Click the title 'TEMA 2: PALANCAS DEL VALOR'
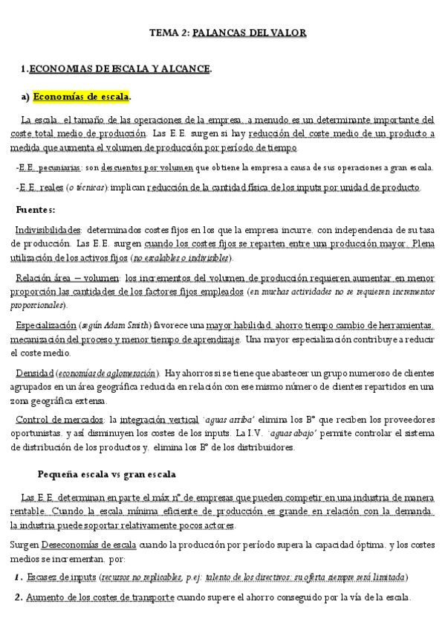228,33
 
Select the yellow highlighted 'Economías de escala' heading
82,97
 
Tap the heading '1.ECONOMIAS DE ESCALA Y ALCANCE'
117,69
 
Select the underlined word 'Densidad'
34,373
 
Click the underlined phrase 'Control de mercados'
58,420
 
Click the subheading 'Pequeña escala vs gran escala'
107,474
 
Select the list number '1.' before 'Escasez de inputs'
18,577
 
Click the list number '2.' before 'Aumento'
18,598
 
